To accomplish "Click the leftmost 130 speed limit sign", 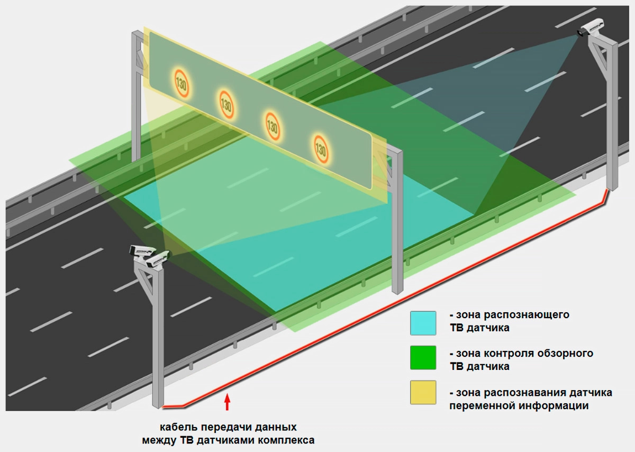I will [182, 83].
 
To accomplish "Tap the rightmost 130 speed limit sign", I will [321, 147].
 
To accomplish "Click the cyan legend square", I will [423, 323].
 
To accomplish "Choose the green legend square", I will [423, 358].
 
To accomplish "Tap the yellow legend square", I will [423, 393].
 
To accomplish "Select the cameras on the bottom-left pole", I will [150, 256].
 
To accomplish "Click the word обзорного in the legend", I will [565, 353].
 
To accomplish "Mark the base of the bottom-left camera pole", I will [158, 405].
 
